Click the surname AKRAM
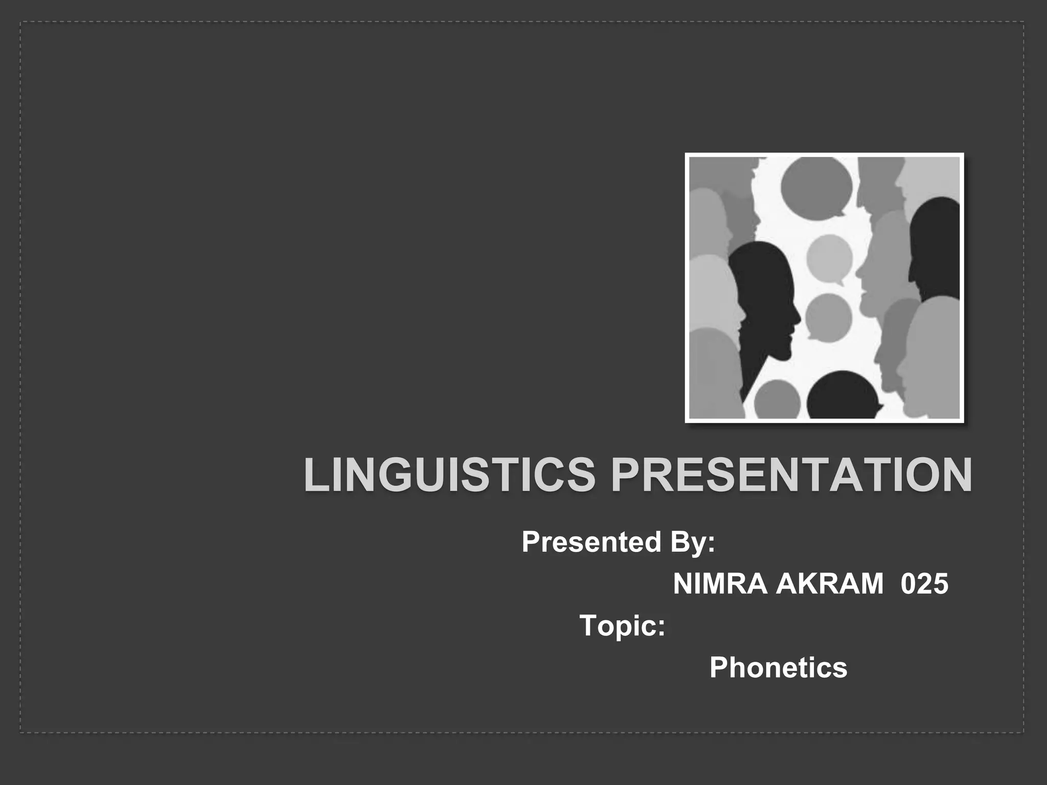coord(829,584)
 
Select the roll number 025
coord(924,584)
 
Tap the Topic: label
coord(622,626)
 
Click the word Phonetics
coord(778,667)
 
